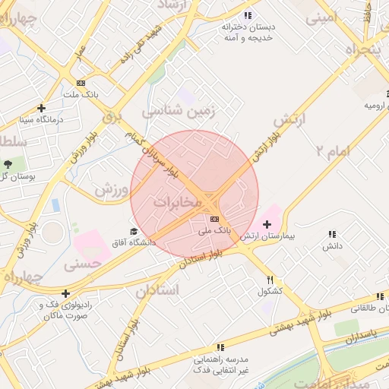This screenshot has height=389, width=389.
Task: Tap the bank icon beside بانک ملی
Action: [x=213, y=218]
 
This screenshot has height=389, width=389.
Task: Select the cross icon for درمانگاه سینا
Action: [x=41, y=108]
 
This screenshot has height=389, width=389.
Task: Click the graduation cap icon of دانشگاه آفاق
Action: [x=134, y=232]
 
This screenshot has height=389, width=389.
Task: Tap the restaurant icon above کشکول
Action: [x=270, y=280]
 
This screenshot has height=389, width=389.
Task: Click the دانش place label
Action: [x=331, y=247]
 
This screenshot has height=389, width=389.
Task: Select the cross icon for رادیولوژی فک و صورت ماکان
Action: [x=66, y=293]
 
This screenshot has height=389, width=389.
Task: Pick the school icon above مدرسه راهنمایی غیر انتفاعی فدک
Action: [x=220, y=346]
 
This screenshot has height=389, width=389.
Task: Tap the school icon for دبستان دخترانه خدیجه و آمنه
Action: [x=248, y=15]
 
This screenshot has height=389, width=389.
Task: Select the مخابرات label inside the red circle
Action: [x=177, y=203]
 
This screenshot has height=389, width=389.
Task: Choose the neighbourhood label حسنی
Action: [x=83, y=264]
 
